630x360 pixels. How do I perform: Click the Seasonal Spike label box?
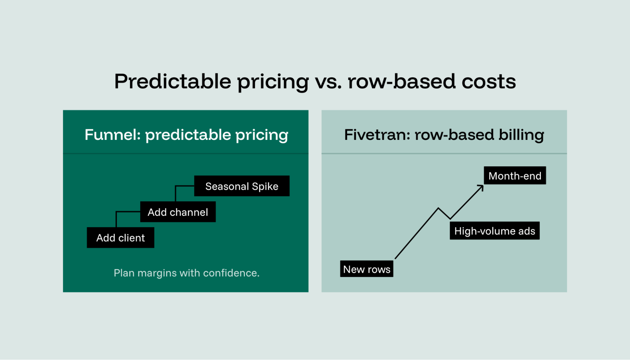[242, 186]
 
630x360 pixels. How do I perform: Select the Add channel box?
[178, 212]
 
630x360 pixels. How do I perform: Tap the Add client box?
[120, 238]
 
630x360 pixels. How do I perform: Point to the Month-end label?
[515, 175]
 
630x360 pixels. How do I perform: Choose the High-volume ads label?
[494, 231]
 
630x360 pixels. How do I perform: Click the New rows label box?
[367, 269]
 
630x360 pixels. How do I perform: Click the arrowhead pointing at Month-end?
[481, 187]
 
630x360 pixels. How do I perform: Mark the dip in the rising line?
[449, 218]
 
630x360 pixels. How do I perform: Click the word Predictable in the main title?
[173, 82]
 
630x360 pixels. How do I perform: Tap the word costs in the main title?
[488, 82]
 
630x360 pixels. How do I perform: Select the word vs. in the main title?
[328, 82]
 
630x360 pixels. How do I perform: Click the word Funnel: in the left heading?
[113, 135]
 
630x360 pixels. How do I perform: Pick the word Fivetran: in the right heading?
[377, 135]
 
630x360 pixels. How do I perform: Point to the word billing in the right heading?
[521, 135]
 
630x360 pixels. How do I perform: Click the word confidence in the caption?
[231, 273]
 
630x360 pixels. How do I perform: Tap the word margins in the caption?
[157, 273]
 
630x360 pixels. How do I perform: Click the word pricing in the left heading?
[262, 135]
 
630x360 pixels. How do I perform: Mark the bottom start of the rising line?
[396, 258]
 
